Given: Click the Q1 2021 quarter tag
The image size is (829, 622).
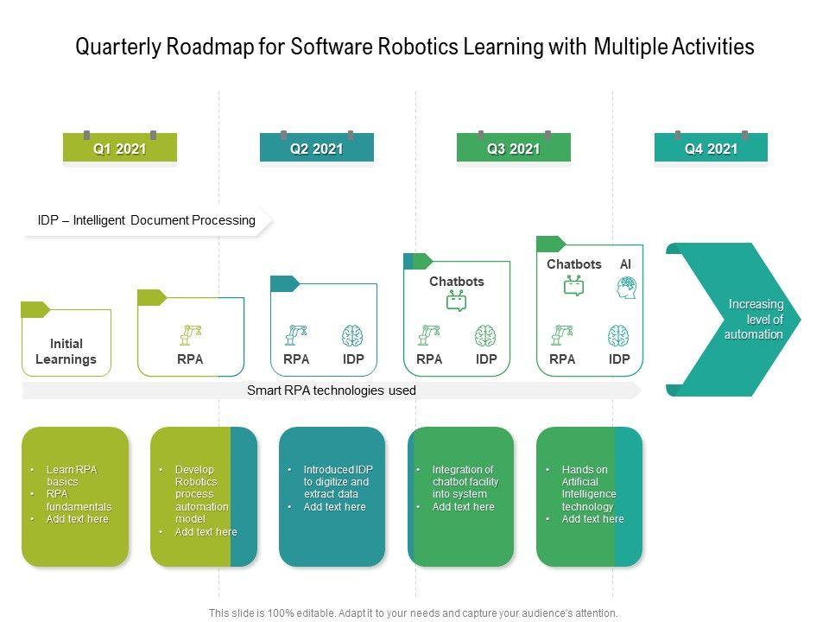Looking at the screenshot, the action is pos(120,149).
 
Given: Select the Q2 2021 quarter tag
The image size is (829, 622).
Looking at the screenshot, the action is pos(316,149).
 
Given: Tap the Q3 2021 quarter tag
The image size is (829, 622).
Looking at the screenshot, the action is pos(513,149).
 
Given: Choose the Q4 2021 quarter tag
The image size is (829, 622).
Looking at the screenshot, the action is pos(711,149).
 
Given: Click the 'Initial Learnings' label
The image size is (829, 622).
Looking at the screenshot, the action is pos(66,352).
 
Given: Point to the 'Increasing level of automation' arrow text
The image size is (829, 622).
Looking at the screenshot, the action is pos(754,319).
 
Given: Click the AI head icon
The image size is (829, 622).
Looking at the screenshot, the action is pos(626,288).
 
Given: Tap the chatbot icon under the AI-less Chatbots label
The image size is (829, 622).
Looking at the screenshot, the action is pos(456,301).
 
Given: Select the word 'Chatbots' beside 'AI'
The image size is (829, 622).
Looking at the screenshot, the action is pos(573,264).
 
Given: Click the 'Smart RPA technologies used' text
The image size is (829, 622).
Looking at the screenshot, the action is pos(332,390).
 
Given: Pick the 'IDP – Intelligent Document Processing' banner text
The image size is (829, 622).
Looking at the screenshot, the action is pos(147,220).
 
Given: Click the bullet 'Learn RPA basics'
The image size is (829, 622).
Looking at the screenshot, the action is pos(73,475).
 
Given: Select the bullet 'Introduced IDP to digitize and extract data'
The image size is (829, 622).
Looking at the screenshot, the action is pos(336,481).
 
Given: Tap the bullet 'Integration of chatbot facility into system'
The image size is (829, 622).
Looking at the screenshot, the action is pos(465,481).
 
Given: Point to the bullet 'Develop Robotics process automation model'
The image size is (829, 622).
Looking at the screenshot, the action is pos(201,494).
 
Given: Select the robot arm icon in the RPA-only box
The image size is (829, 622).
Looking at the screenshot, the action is pos(190,335).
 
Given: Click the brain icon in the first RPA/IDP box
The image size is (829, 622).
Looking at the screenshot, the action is pos(352,335).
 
